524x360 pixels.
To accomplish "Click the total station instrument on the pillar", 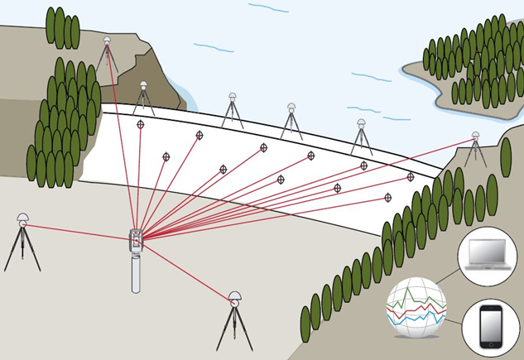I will pyautogui.click(x=137, y=240).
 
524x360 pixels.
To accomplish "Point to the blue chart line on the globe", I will pyautogui.click(x=414, y=319).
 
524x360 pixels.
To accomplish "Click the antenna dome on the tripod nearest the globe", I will pyautogui.click(x=234, y=295).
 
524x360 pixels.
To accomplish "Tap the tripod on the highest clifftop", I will pyautogui.click(x=107, y=56).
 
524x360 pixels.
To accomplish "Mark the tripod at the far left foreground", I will pyautogui.click(x=22, y=244).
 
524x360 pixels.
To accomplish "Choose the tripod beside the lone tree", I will pyautogui.click(x=476, y=151).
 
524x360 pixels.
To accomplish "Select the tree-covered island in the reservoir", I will pyautogui.click(x=468, y=70).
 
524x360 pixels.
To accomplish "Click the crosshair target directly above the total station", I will pyautogui.click(x=141, y=124).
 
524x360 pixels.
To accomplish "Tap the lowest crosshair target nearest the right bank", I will pyautogui.click(x=388, y=198).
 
